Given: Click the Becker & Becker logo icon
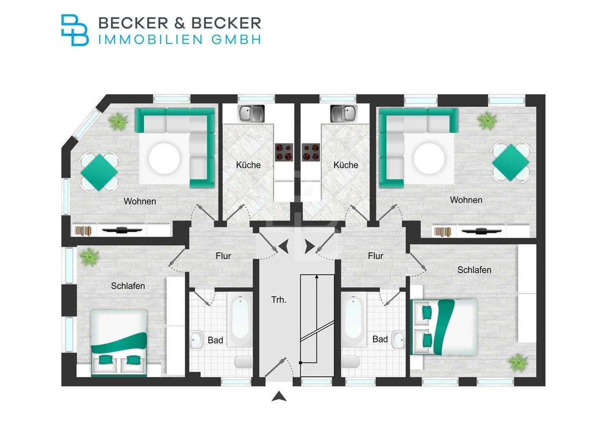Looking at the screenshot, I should click(x=75, y=30).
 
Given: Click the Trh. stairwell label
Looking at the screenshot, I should click(x=279, y=300).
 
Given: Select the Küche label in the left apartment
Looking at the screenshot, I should click(x=248, y=165).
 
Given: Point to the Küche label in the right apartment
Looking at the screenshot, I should click(x=346, y=165).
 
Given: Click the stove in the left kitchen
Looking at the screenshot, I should click(x=284, y=152).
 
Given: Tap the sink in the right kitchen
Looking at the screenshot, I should click(x=343, y=113).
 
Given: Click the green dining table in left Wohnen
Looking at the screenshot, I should click(x=99, y=172).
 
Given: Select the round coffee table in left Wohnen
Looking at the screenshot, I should click(x=164, y=158).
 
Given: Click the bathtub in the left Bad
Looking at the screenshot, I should click(x=240, y=320).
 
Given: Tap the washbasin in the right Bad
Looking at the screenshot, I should click(x=398, y=339).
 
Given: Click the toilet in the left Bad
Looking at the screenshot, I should click(x=243, y=362).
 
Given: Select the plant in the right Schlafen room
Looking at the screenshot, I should click(x=518, y=363).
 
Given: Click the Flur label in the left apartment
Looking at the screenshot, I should click(x=223, y=256).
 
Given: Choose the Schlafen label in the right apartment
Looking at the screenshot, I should click(x=474, y=270).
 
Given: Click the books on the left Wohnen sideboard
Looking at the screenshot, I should click(x=83, y=231).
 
